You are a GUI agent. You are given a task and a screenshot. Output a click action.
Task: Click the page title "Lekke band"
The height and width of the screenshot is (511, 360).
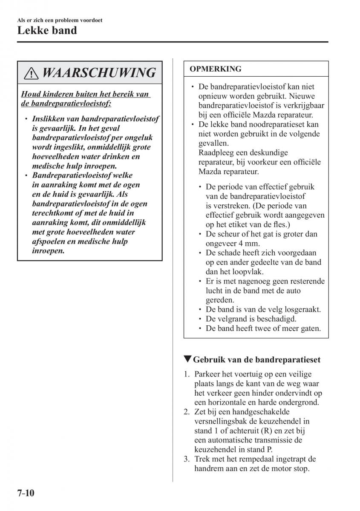(47, 31)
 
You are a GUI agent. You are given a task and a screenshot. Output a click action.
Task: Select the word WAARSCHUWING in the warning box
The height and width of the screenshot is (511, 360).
(99, 73)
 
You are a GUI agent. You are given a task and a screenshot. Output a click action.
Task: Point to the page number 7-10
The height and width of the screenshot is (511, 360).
(26, 494)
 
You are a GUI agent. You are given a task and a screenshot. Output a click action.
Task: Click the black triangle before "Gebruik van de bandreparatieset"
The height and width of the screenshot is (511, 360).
(188, 359)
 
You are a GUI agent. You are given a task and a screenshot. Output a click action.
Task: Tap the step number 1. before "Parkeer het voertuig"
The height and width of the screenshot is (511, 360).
(187, 374)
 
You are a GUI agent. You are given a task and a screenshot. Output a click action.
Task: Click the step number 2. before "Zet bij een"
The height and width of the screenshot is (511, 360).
(187, 412)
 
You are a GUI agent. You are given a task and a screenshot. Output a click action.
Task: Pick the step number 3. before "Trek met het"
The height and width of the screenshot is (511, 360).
(187, 459)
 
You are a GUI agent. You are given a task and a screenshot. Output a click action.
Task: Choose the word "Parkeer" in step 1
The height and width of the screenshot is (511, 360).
(207, 374)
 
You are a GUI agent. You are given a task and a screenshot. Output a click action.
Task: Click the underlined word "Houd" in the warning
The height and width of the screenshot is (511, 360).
(30, 94)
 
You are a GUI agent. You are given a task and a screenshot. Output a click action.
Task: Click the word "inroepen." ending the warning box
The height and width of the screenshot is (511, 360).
(48, 251)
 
